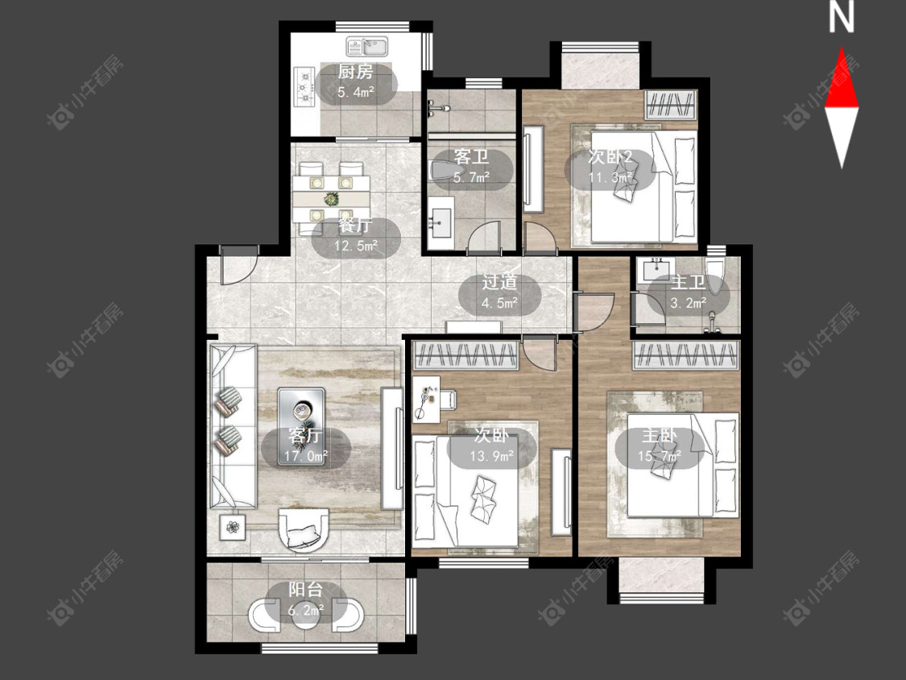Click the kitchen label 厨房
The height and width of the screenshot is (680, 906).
click(x=355, y=73)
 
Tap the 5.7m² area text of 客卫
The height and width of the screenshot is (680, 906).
click(x=471, y=177)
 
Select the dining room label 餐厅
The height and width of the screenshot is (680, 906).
click(x=356, y=226)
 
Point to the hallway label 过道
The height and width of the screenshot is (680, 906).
click(x=500, y=282)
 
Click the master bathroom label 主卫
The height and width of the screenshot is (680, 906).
click(x=689, y=282)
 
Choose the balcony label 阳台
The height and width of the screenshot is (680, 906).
click(x=306, y=590)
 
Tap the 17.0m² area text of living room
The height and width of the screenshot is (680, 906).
click(x=306, y=457)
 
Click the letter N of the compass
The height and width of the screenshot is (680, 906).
click(x=842, y=18)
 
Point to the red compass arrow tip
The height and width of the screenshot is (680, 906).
click(x=842, y=48)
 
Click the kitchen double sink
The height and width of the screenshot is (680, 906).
click(x=368, y=46)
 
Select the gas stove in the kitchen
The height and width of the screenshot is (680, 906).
click(x=304, y=87)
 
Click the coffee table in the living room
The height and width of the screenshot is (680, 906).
click(x=302, y=411)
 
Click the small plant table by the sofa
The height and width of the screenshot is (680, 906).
click(x=233, y=527)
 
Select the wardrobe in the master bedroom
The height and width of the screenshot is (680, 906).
click(x=686, y=355)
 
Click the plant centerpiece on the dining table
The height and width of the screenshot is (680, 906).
click(x=331, y=198)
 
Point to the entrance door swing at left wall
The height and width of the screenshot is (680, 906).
click(x=238, y=265)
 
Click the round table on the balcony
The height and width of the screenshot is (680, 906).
click(x=306, y=615)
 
